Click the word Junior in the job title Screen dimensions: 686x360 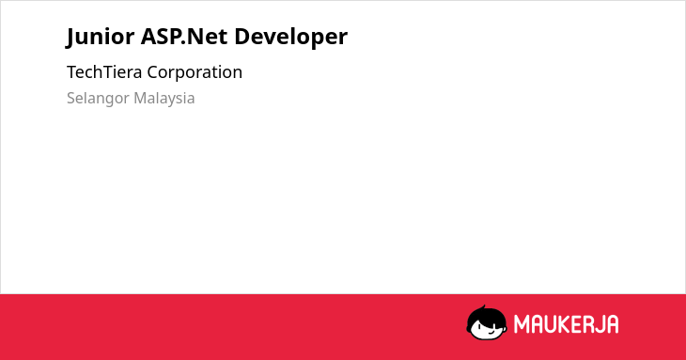tap(101, 37)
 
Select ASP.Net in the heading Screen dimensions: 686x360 tap(184, 37)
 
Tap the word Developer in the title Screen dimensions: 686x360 tap(291, 38)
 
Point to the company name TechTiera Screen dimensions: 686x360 tap(104, 71)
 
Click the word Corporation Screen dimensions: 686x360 tap(195, 72)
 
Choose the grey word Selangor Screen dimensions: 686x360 tap(98, 99)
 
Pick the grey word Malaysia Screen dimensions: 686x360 tap(164, 99)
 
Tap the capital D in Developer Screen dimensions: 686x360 tap(242, 37)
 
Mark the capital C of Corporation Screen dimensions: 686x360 tap(153, 72)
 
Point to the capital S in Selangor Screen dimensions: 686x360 tap(71, 98)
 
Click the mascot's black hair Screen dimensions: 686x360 tap(486, 316)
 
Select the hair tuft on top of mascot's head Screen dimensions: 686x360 tap(484, 307)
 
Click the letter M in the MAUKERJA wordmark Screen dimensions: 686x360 tap(522, 324)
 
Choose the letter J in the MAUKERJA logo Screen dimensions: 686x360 tap(597, 324)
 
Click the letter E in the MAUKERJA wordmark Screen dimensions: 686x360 tap(572, 324)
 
